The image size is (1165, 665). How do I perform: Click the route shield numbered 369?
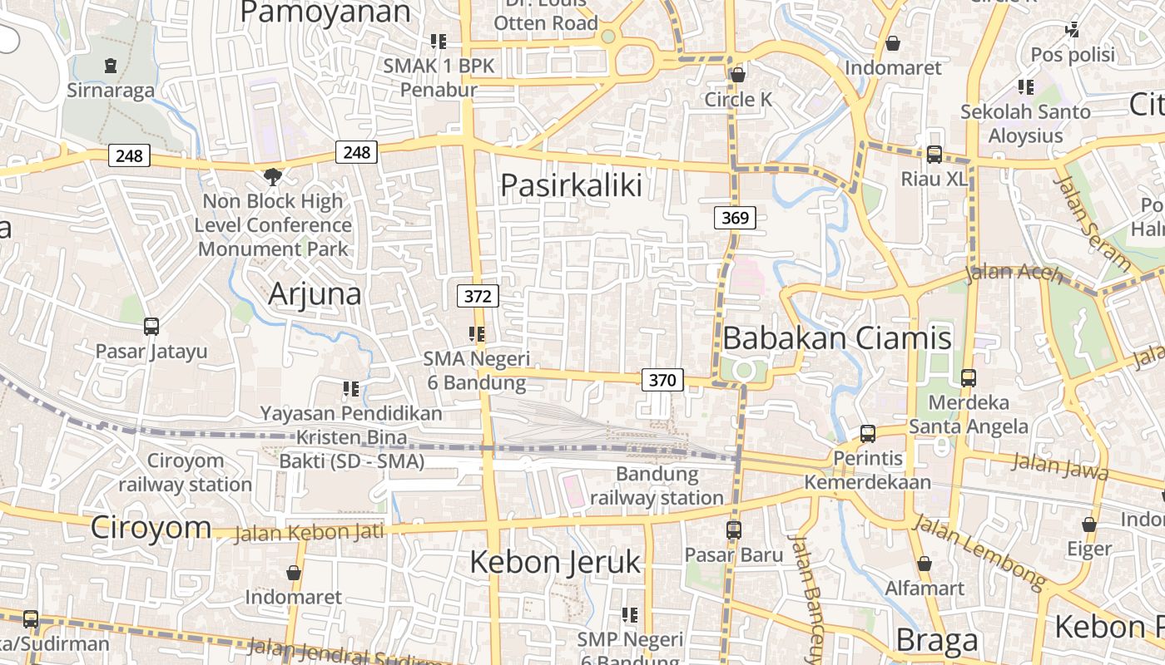735,218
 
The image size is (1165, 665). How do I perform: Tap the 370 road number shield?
662,380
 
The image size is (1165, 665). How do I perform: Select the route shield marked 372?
478,296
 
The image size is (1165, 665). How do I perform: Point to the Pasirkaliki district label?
571,185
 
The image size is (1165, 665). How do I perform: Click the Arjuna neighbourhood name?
315,293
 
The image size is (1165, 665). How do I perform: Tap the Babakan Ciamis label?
836,337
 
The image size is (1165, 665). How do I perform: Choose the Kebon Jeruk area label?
555,562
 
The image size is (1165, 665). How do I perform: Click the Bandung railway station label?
657,486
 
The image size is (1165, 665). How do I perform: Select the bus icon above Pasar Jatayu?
151,327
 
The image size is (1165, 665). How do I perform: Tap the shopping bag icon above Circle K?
737,76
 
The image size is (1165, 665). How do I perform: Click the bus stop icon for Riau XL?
934,155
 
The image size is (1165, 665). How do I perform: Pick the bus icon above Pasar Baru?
734,530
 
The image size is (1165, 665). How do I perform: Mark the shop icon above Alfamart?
924,564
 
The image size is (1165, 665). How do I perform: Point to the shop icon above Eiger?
1089,525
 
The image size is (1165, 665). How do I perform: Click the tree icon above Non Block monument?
272,176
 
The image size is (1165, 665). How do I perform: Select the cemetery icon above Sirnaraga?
111,66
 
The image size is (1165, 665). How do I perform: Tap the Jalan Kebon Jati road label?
309,530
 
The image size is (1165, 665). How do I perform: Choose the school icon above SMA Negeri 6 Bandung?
477,334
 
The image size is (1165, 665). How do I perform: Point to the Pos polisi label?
1072,54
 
